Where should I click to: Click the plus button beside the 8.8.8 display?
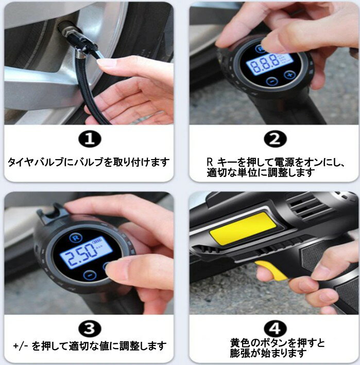coord(289,75)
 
